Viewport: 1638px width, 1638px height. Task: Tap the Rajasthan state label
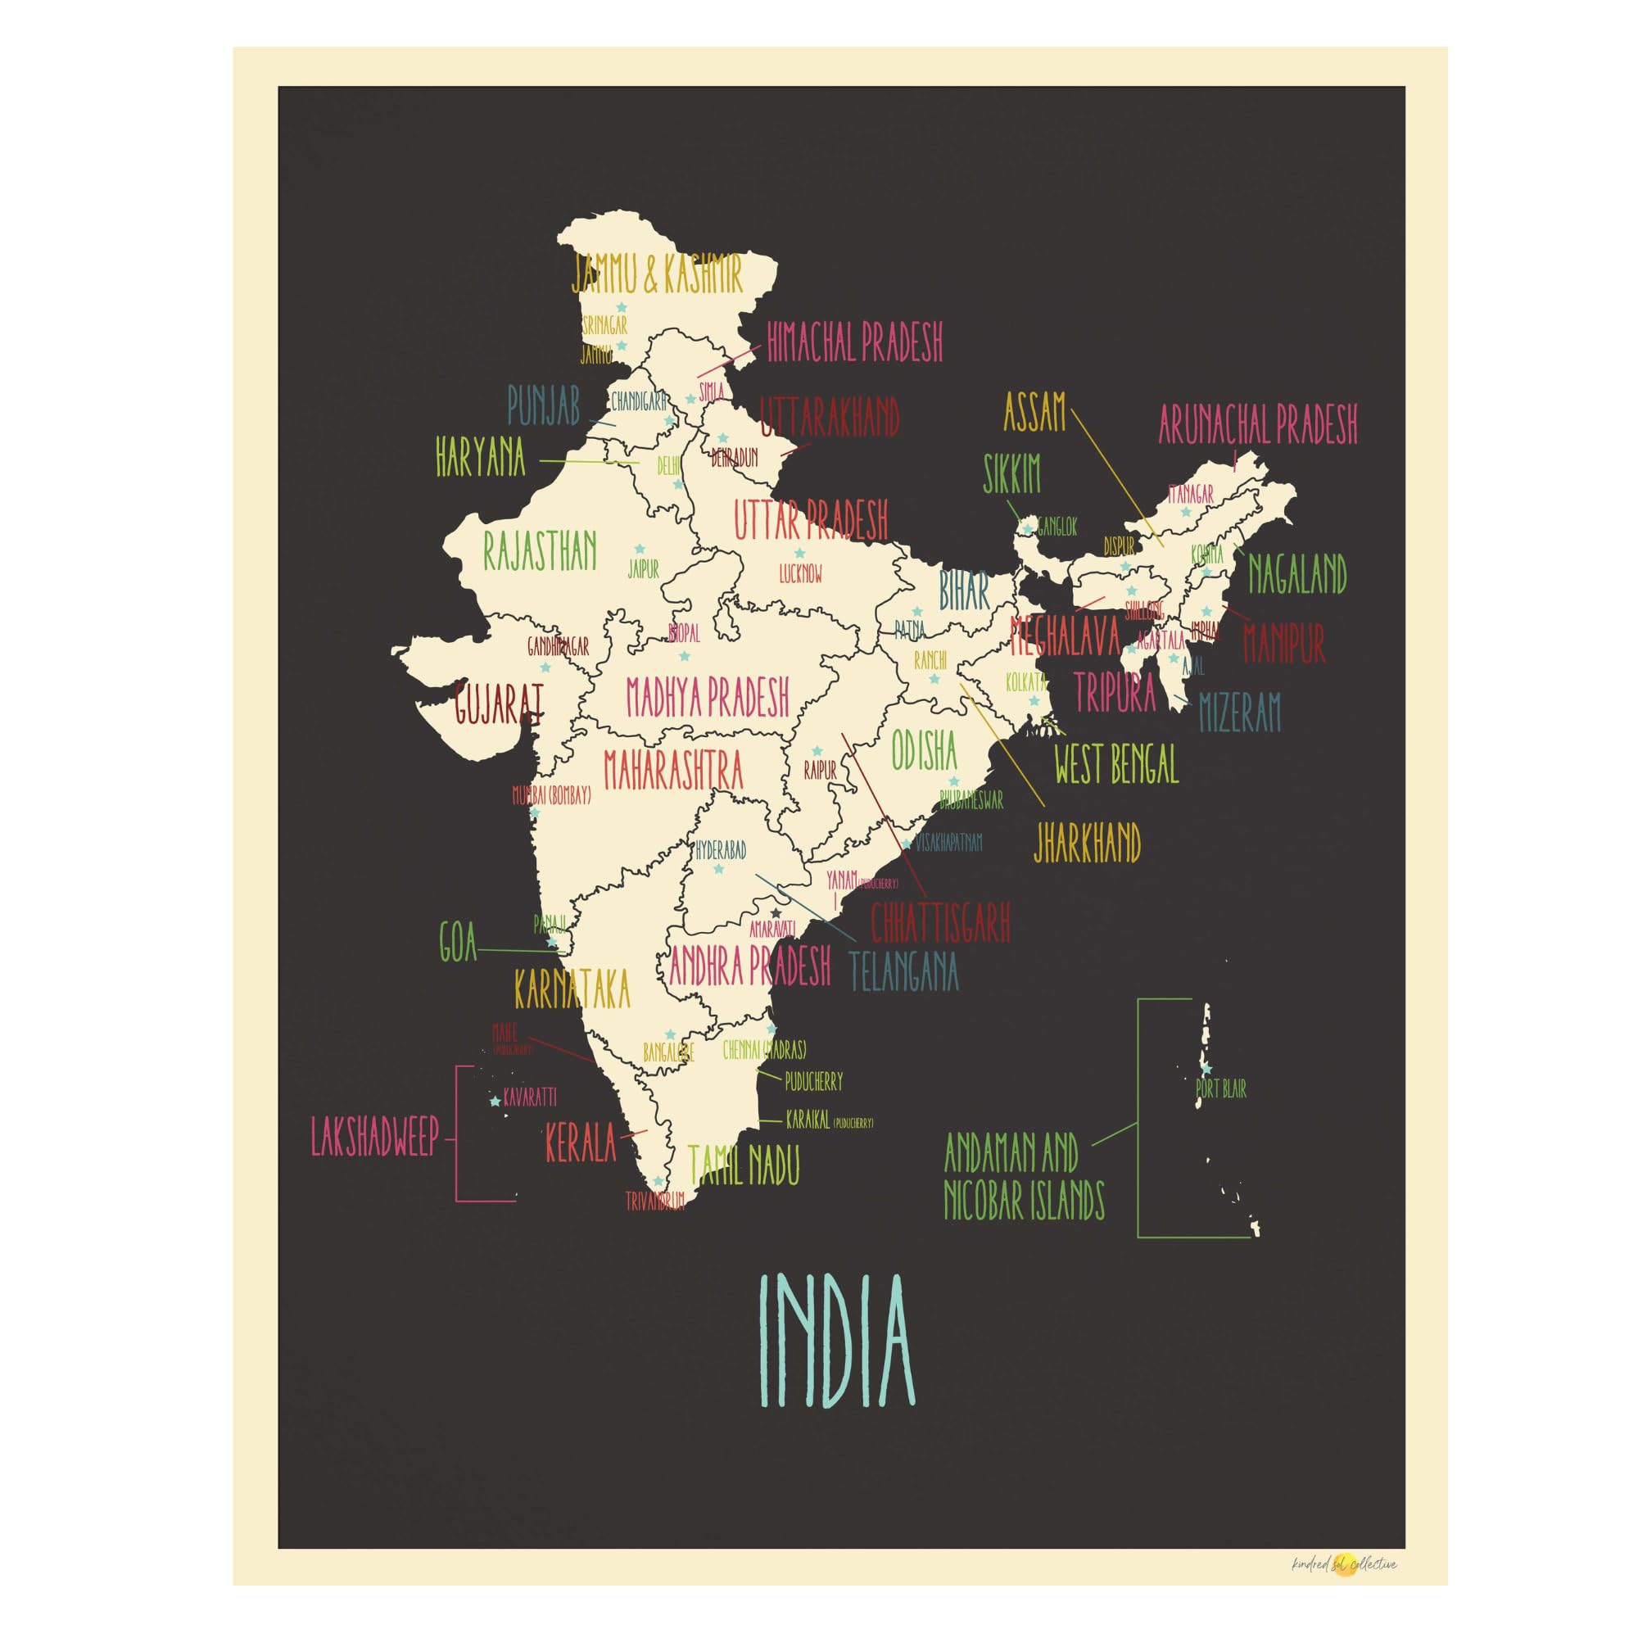[540, 552]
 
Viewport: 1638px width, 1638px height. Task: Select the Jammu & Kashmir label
[658, 273]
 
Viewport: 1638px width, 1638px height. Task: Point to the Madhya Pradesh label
[708, 696]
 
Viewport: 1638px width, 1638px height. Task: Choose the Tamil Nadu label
[744, 1165]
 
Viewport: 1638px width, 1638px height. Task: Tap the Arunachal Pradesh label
[1257, 424]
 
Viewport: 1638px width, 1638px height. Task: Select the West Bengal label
[1115, 765]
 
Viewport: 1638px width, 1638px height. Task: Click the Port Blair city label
[1221, 1089]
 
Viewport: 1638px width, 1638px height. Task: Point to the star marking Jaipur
[640, 550]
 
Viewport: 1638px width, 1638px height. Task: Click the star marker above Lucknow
[799, 554]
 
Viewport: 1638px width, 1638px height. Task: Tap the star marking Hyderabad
[719, 869]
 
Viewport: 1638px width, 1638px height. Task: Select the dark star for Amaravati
[775, 913]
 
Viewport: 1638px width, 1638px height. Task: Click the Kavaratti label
[530, 1097]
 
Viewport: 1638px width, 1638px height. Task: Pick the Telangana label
[904, 972]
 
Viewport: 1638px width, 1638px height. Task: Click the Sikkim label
[1011, 474]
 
